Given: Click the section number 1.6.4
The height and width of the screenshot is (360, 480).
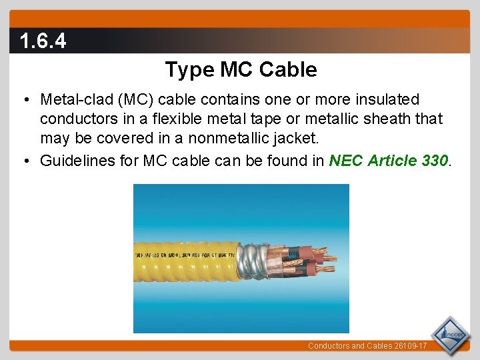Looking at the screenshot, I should pos(43,42).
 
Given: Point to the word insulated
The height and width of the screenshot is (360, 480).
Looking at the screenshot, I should pos(383,100).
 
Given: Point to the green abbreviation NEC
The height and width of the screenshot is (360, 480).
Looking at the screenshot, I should pos(344,161).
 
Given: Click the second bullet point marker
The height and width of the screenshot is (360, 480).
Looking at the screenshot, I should pos(25,161).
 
